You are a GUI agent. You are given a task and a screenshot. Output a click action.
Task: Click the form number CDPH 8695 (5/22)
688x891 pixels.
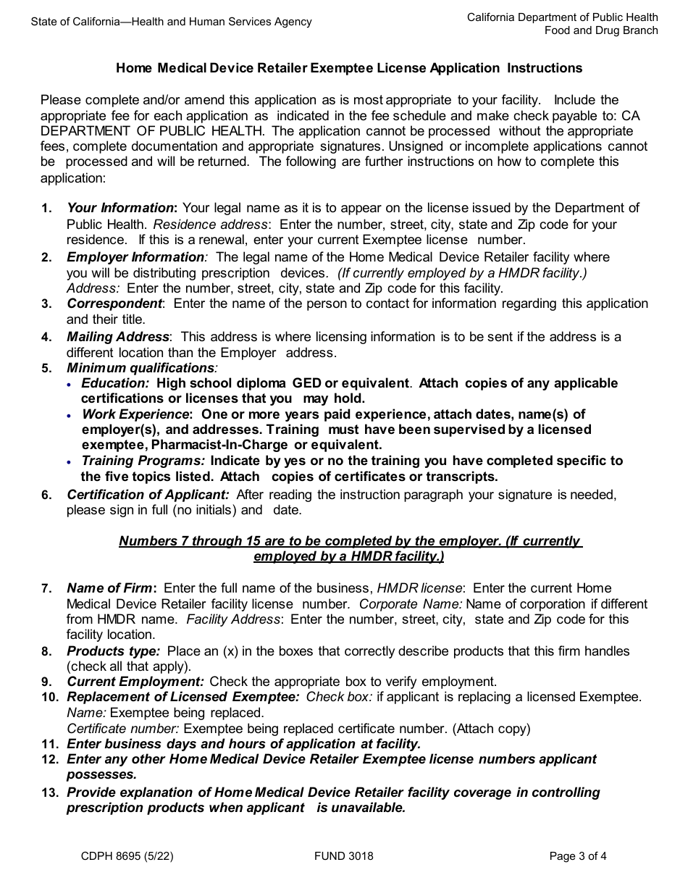coord(127,856)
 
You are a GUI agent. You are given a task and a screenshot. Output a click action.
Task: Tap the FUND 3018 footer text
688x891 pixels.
coord(344,856)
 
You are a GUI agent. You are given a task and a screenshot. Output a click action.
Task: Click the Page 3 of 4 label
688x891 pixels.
coord(578,856)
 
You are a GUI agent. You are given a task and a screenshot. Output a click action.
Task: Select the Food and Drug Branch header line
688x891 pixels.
coord(601,30)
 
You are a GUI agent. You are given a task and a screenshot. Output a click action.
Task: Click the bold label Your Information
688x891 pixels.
coord(121,209)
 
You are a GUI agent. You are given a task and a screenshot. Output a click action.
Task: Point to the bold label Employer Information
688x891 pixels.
coord(135,257)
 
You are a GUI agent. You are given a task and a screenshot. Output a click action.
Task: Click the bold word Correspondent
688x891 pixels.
coord(114,304)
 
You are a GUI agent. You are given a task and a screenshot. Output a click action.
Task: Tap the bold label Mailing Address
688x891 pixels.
coord(118,337)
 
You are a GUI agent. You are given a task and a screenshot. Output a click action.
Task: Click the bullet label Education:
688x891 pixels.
coord(115,383)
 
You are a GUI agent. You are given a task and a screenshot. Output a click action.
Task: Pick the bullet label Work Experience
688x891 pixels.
coord(135,414)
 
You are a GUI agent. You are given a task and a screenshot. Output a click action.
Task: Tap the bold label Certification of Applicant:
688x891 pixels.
coord(148,495)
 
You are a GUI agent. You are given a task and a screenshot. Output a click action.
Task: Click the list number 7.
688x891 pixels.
coord(46,588)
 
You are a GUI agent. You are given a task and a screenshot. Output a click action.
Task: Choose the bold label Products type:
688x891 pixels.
coord(113,651)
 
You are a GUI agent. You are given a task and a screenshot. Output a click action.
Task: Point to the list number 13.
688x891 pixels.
coord(49,792)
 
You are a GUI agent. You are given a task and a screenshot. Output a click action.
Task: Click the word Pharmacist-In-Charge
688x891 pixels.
coord(220,445)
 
